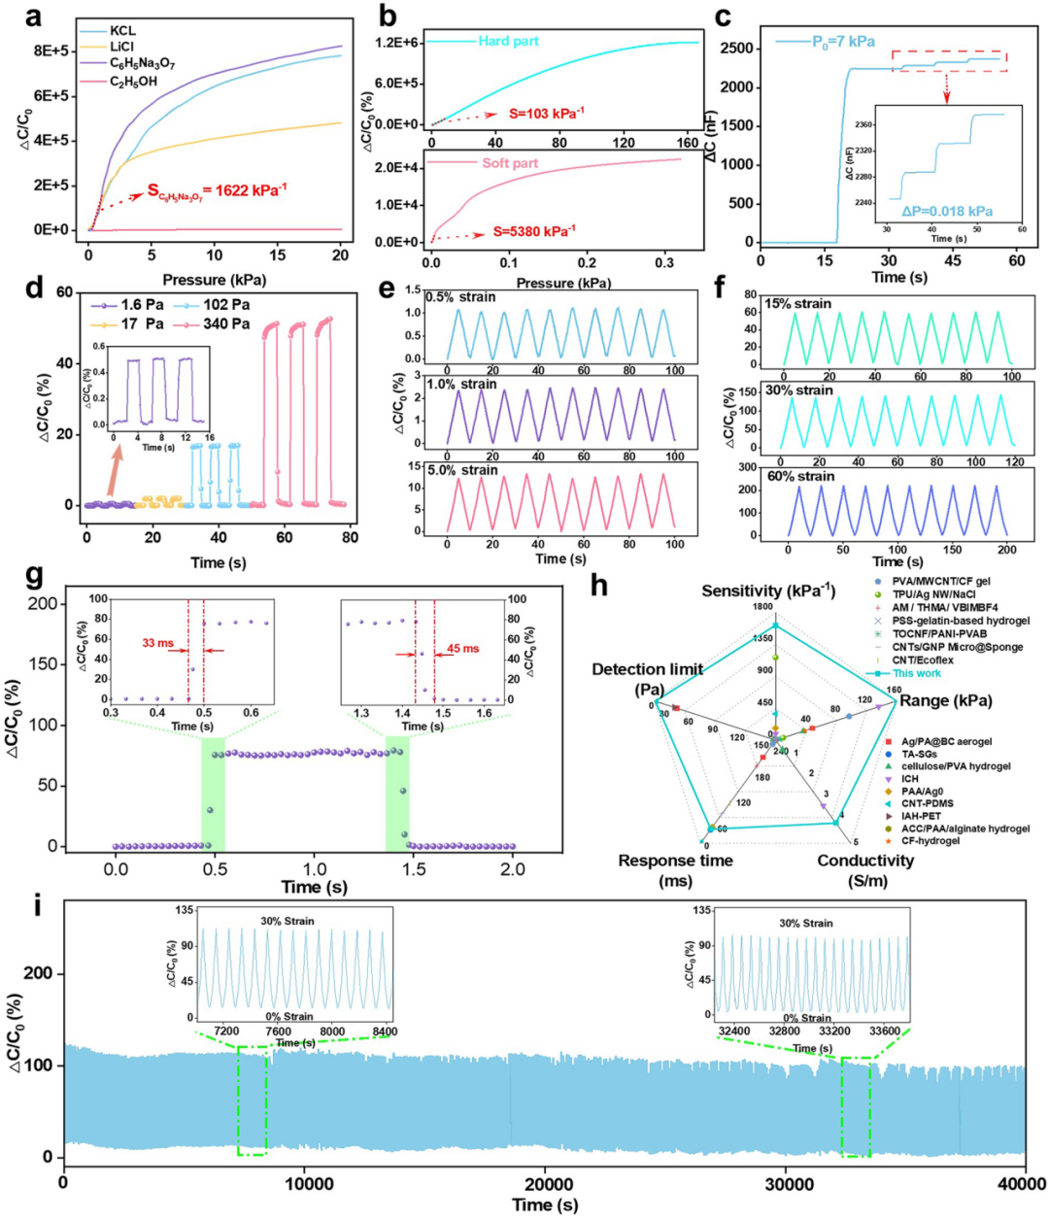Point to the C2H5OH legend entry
coord(133,82)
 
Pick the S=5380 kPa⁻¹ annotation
coord(533,230)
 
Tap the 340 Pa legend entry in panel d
coord(226,324)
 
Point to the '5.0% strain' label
coord(461,470)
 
